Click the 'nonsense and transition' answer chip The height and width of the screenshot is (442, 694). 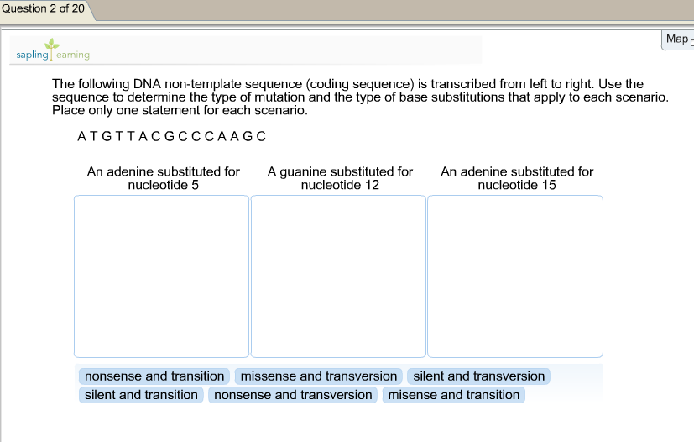pyautogui.click(x=154, y=376)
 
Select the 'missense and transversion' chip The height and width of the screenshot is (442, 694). pyautogui.click(x=319, y=376)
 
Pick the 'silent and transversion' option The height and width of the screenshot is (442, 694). pyautogui.click(x=478, y=376)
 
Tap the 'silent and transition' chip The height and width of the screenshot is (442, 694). pyautogui.click(x=141, y=395)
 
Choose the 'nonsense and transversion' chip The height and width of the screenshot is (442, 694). pyautogui.click(x=293, y=395)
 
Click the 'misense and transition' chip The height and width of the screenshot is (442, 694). pyautogui.click(x=454, y=395)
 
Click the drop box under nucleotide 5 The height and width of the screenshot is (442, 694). pyautogui.click(x=162, y=276)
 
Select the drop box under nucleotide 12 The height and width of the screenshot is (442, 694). pyautogui.click(x=338, y=276)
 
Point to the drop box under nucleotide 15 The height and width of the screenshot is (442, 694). pyautogui.click(x=515, y=276)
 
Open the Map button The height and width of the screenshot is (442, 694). pyautogui.click(x=677, y=39)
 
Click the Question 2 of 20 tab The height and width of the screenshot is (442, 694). pyautogui.click(x=44, y=9)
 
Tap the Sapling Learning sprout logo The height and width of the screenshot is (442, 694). pyautogui.click(x=52, y=48)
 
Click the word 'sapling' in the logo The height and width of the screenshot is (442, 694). pyautogui.click(x=33, y=55)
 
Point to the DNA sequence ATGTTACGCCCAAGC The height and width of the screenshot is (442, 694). pyautogui.click(x=172, y=136)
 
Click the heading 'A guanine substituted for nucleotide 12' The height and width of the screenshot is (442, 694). pyautogui.click(x=340, y=178)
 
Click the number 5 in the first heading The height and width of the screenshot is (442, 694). pyautogui.click(x=196, y=185)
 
